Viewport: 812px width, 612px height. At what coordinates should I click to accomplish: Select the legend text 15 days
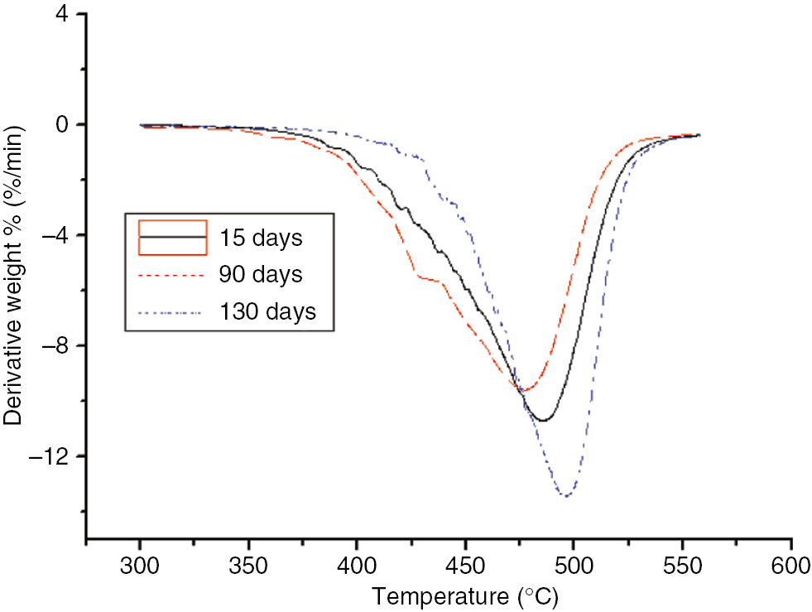[262, 239]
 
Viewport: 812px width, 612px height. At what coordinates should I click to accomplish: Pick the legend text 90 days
[262, 274]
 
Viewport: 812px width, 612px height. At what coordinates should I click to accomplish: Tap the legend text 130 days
[267, 312]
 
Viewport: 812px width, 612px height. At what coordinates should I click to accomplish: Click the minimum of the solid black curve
[542, 421]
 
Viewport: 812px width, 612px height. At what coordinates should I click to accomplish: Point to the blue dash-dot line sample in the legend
[172, 312]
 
